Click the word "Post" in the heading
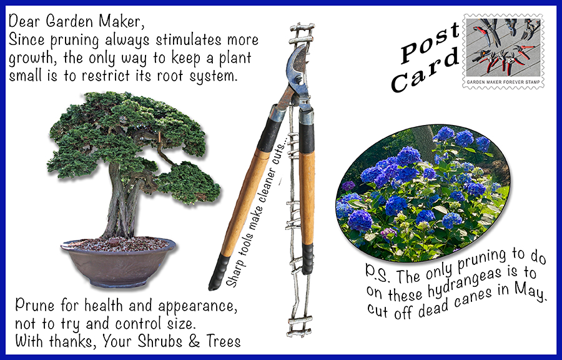[430, 43]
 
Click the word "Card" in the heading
[425, 70]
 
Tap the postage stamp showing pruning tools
[503, 51]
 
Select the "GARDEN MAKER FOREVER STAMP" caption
[503, 82]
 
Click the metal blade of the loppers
[297, 68]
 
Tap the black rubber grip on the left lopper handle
[219, 272]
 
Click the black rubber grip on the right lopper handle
[307, 259]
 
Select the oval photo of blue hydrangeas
[423, 193]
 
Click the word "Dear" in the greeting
[22, 21]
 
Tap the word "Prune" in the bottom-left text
[35, 306]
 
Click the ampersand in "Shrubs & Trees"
[194, 341]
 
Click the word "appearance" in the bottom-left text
[197, 306]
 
